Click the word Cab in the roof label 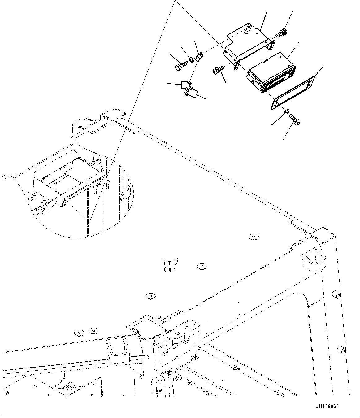[170, 270]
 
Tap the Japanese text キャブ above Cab [170, 262]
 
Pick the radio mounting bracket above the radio [248, 43]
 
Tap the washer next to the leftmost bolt [191, 59]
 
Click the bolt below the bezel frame [295, 119]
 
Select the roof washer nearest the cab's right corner [253, 237]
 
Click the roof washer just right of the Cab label [202, 266]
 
